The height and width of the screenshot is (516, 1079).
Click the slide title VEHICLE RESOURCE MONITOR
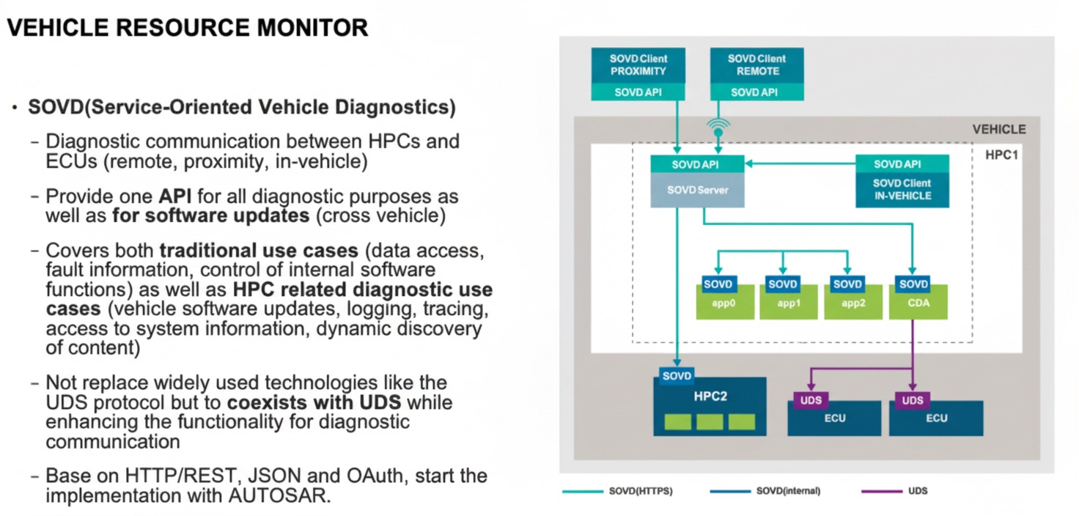click(187, 28)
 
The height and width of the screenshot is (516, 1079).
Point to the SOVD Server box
click(696, 191)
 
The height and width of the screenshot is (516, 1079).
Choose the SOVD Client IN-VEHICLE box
click(902, 190)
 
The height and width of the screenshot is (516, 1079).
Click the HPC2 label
click(710, 397)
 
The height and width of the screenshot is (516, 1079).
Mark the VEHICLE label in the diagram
click(998, 130)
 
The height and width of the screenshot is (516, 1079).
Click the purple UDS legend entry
click(917, 490)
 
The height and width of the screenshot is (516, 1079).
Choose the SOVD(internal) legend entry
click(789, 490)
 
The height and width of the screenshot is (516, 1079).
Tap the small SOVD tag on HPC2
click(677, 376)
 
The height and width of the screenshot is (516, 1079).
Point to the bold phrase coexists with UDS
click(314, 403)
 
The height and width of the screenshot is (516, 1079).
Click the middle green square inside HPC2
click(710, 421)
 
